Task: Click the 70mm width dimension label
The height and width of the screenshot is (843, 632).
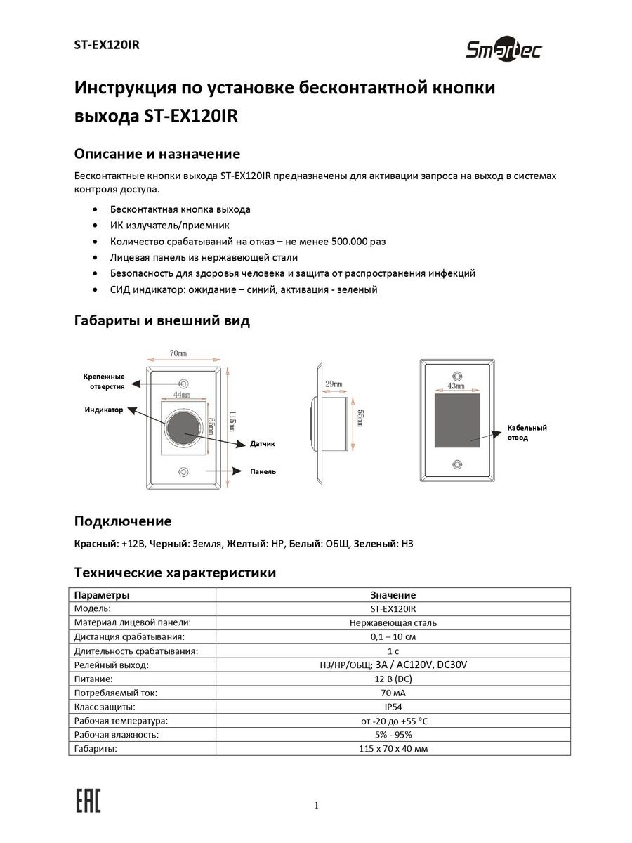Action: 178,353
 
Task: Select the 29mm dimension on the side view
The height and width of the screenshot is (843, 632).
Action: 333,384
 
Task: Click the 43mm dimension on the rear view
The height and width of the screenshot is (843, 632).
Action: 456,387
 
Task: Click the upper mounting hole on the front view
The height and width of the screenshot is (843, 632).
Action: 184,384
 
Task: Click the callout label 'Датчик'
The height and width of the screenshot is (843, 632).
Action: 263,444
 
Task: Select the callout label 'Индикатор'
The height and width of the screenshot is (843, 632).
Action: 104,409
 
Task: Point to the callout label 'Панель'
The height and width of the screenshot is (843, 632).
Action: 263,471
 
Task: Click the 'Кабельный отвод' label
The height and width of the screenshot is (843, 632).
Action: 527,432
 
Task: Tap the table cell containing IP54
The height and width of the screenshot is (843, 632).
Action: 393,707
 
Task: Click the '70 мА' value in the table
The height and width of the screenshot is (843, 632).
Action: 393,693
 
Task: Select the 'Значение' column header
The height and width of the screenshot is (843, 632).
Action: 393,595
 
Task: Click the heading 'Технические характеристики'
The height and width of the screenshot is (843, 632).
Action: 175,573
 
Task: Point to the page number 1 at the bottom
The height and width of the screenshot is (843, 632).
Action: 317,805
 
